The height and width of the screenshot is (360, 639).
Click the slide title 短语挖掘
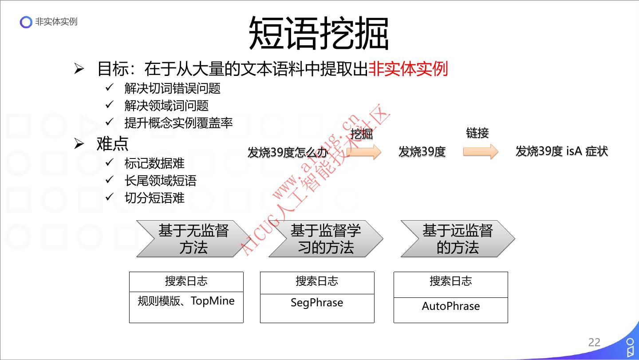click(x=319, y=33)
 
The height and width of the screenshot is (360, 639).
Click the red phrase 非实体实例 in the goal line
click(x=408, y=69)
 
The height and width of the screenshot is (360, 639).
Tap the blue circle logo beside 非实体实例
click(x=26, y=22)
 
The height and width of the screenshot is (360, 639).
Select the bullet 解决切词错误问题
click(x=172, y=88)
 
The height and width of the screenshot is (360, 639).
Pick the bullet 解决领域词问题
click(x=166, y=106)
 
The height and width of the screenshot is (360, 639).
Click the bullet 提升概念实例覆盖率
click(x=178, y=123)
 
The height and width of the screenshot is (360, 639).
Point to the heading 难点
click(x=112, y=143)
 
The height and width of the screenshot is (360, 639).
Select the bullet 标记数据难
click(x=154, y=163)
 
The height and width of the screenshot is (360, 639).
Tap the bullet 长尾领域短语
click(x=160, y=181)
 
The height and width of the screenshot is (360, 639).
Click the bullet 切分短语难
click(x=154, y=198)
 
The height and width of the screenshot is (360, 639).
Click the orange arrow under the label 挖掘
click(x=365, y=152)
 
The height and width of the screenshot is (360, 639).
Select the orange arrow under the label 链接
click(x=481, y=152)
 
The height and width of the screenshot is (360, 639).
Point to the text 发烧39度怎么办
click(x=288, y=153)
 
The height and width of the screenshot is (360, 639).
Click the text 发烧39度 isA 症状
click(x=561, y=151)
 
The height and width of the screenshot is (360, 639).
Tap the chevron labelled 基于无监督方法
click(x=193, y=239)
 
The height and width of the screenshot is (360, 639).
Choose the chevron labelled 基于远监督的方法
click(x=458, y=239)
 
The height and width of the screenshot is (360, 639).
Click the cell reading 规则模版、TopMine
click(x=186, y=301)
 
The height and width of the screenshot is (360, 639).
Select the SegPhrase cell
click(x=317, y=303)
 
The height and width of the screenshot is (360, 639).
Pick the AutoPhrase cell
click(x=450, y=307)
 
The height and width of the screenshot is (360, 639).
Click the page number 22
click(x=594, y=342)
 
